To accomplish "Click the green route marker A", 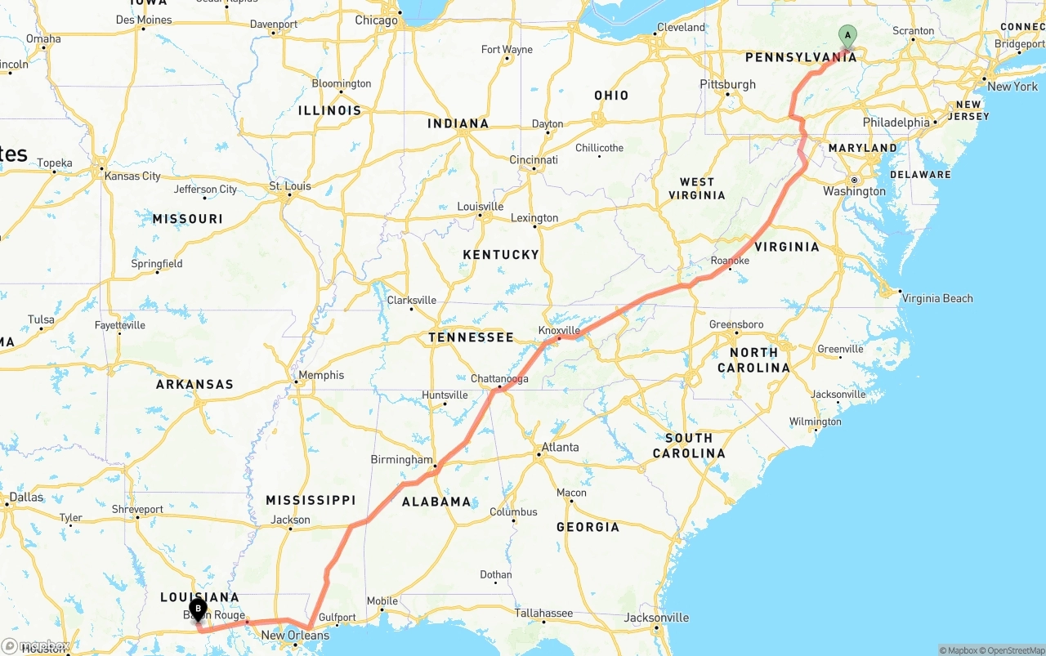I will click(x=847, y=36).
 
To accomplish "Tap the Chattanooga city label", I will click(x=499, y=379).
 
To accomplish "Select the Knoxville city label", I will click(x=559, y=330).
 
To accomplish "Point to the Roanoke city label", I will click(x=730, y=261).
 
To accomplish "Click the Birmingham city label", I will click(x=401, y=460).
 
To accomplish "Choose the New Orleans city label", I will click(x=295, y=635).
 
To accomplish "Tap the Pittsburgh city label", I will click(x=727, y=84).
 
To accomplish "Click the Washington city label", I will click(x=854, y=191).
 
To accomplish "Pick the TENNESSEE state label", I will click(x=472, y=337).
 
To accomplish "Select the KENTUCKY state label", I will click(x=501, y=255).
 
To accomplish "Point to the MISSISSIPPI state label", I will click(x=311, y=500).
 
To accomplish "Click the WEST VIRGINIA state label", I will click(x=696, y=189).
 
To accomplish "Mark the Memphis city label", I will click(x=321, y=375).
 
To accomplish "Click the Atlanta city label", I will click(x=560, y=447).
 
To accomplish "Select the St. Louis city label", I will click(x=290, y=186).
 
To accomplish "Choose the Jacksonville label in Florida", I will click(x=656, y=618).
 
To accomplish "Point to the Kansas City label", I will click(x=132, y=176).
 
